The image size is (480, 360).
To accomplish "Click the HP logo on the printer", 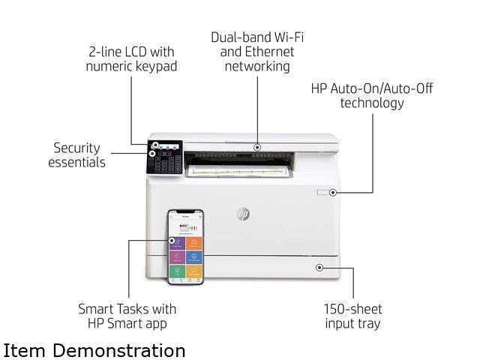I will (242, 214).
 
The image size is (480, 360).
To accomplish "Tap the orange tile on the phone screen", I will (194, 243).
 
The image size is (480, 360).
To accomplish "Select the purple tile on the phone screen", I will (178, 243).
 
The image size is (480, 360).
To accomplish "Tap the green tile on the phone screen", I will (178, 271).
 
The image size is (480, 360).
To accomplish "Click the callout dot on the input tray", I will (320, 267).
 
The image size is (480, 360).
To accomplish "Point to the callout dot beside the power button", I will (333, 193).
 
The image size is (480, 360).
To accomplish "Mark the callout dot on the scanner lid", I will (257, 147).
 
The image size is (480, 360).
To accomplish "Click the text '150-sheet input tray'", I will (352, 316).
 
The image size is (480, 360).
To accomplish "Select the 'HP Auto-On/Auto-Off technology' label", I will (372, 95).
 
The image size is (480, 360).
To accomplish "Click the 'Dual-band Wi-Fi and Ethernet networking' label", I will (257, 51).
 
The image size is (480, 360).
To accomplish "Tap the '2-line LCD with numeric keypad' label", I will (131, 59).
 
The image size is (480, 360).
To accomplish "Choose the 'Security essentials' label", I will (77, 155).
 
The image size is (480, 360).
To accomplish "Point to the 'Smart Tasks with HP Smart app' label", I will (127, 316).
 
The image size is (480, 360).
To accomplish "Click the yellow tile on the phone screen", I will (194, 271).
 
